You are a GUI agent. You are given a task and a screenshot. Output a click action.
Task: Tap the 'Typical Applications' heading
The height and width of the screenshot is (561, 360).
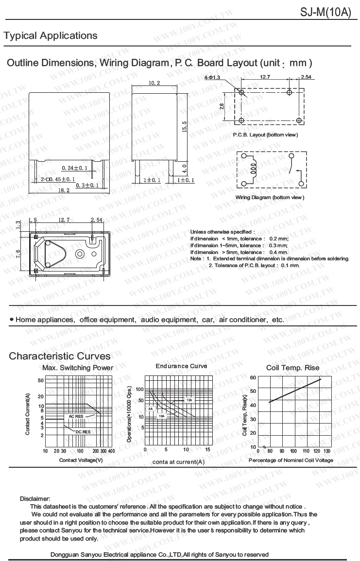pos(51,36)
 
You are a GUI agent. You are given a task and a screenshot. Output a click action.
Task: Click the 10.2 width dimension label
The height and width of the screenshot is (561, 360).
pos(154,83)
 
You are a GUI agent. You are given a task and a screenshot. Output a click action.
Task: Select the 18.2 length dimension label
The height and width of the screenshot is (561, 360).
pos(64,191)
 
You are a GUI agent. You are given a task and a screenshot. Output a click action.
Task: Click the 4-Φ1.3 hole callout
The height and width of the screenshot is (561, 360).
pos(212,77)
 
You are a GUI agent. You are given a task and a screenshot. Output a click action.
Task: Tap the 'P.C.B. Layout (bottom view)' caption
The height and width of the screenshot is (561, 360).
pos(265,135)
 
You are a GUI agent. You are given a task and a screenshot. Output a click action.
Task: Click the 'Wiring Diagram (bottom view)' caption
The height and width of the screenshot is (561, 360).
pos(270,197)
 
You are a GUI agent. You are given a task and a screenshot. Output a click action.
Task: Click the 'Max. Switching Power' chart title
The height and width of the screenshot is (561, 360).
pos(78,368)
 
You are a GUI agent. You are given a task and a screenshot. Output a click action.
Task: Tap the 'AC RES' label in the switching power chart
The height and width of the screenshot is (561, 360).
pos(76,416)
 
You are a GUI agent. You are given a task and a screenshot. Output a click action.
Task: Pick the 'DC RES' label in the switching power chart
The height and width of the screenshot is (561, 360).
pos(83,431)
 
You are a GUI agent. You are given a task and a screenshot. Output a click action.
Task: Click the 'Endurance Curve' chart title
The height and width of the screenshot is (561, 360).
pos(181,366)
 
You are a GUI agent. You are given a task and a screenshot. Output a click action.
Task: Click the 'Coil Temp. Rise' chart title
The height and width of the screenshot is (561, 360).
pos(292,368)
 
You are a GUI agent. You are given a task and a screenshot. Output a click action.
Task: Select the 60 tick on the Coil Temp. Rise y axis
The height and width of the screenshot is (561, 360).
pos(253,377)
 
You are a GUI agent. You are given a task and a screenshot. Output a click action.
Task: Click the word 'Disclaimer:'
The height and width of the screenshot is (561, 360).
pos(35,499)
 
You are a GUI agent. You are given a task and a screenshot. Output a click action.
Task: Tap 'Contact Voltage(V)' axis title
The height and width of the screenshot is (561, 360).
pos(81,459)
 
